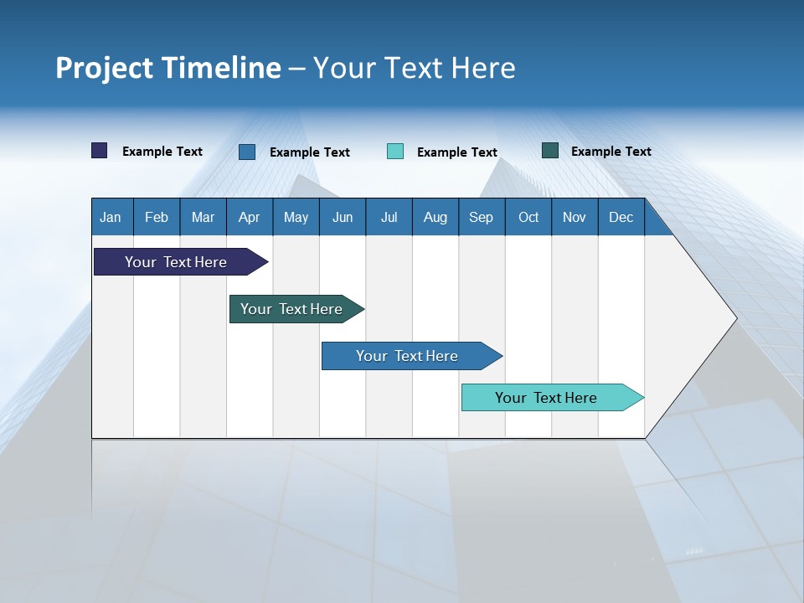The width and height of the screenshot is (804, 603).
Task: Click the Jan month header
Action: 111,217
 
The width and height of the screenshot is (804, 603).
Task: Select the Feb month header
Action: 157,217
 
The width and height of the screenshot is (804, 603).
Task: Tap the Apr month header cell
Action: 250,217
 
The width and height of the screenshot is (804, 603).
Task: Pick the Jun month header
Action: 343,217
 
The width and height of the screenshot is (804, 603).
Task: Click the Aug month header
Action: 435,217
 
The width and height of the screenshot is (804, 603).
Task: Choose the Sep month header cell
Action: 482,217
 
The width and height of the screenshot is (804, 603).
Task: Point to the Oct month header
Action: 528,217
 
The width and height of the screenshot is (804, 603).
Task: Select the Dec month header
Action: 621,217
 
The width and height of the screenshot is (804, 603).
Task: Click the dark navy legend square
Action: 100,151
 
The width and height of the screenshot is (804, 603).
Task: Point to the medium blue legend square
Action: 247,152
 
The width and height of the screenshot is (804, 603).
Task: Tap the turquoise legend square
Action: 395,152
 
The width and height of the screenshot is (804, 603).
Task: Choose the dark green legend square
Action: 550,151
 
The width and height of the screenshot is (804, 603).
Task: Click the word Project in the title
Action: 104,68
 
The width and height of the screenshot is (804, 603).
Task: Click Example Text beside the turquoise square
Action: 457,152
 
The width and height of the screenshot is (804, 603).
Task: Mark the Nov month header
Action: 575,217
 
